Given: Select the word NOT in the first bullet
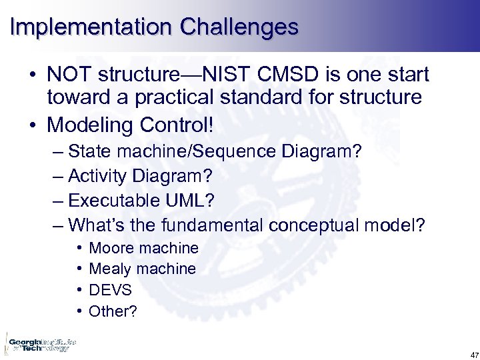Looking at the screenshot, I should coord(73,75).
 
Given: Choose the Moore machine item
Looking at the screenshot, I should coord(143,249).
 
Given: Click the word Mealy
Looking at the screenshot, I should coord(110,269).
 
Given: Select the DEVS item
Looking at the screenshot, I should coord(110,290).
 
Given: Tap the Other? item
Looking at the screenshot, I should coord(113,311).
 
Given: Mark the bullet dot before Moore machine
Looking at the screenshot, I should coord(79,249).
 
